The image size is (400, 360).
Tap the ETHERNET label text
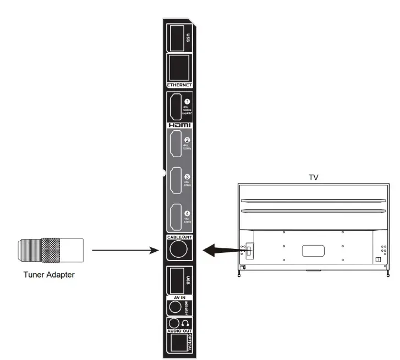coord(179,85)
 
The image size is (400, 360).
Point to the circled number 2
coord(187,140)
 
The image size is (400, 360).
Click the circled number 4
coord(187,213)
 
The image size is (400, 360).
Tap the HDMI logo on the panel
coord(179,125)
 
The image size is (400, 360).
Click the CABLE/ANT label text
coord(179,237)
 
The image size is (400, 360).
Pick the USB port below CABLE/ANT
coord(176,280)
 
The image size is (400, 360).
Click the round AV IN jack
coord(176,306)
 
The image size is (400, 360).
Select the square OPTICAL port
coord(177,343)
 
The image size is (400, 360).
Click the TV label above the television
coord(314,178)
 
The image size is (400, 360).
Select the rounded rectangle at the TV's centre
coord(314,251)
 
